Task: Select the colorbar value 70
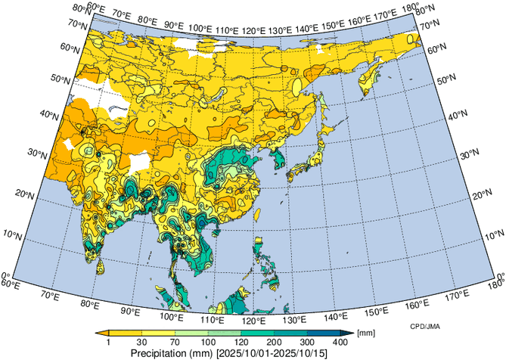point(175,343)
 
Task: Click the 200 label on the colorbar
point(265,343)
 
